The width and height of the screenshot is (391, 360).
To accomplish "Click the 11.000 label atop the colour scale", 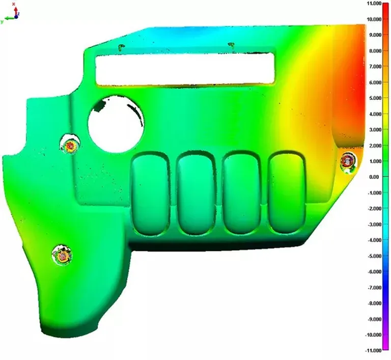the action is (374, 3).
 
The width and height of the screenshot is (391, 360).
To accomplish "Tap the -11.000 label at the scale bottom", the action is (373, 350).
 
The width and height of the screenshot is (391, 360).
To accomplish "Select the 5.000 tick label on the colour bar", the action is (375, 98).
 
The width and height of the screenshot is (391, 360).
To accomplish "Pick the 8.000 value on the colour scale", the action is (375, 51).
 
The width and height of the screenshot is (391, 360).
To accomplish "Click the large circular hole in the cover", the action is (116, 124).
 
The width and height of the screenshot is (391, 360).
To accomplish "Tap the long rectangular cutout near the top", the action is (185, 69).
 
